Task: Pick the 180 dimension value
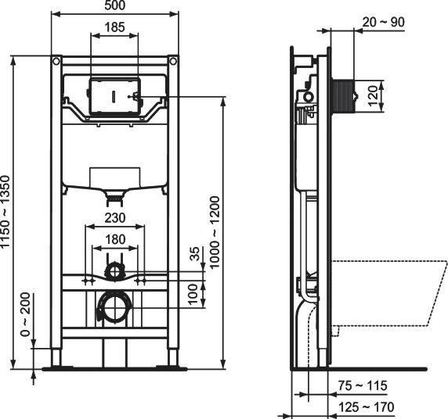115,240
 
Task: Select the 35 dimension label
196,256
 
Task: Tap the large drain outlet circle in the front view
114,306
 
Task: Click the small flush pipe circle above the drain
115,270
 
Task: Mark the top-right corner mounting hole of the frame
172,59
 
